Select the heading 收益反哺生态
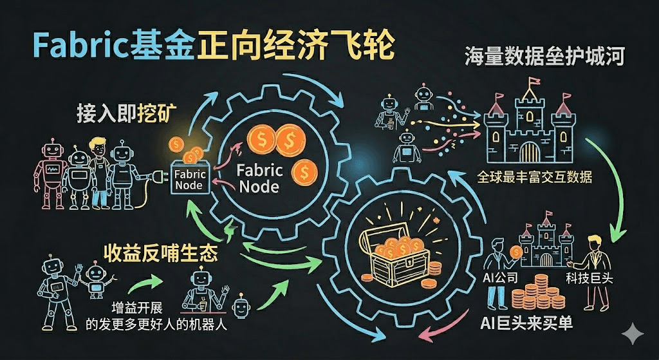click(x=160, y=252)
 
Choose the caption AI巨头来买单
click(x=526, y=322)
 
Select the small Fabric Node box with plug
click(x=189, y=178)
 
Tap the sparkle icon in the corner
click(x=633, y=334)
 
